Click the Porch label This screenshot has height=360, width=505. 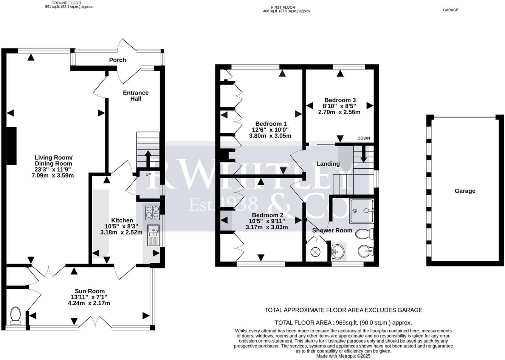pos(117,60)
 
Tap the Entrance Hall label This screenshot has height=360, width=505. pos(136,96)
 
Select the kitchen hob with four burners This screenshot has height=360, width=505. pos(152,213)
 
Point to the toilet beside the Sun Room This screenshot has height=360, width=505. pos(15,316)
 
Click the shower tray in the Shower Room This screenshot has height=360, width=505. pos(362,211)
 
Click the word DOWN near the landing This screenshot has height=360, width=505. pos(363,138)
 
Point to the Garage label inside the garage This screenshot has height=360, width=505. pos(465,191)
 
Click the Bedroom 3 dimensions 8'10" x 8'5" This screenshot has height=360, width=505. pos(339,106)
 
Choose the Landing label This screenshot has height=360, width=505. pos(328,164)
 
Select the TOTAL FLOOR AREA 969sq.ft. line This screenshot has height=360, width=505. pos(343,323)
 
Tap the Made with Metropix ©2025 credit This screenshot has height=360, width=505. pos(343,356)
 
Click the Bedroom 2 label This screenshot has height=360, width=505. pos(267,215)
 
